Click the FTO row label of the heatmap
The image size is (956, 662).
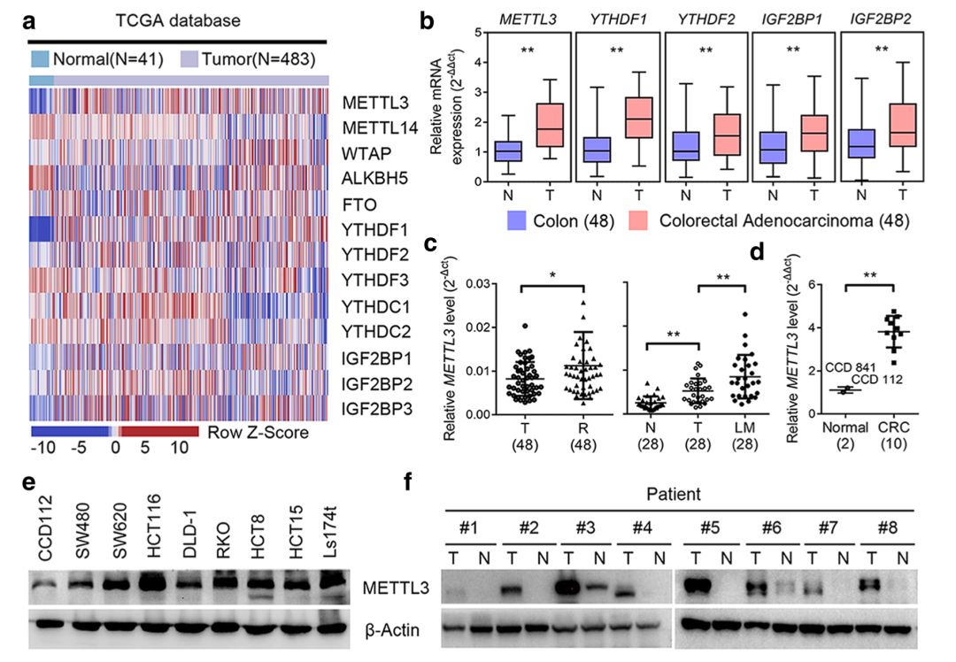click(x=359, y=204)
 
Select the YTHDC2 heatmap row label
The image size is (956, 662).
click(x=375, y=331)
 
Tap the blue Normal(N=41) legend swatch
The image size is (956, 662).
click(x=40, y=58)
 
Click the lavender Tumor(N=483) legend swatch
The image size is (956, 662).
click(x=189, y=58)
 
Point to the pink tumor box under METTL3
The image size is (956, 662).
click(x=550, y=125)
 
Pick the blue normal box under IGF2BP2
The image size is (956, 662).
click(x=861, y=143)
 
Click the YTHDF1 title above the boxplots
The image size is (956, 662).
click(x=618, y=19)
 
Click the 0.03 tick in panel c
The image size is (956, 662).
click(x=477, y=284)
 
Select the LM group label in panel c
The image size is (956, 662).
click(x=744, y=427)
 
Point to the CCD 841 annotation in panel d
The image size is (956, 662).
click(x=850, y=368)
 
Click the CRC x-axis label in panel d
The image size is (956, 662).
click(x=893, y=427)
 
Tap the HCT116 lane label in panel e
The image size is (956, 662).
click(x=155, y=526)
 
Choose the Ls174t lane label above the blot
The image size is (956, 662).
click(x=330, y=530)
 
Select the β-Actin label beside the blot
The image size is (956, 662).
click(x=392, y=629)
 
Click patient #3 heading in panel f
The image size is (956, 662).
click(x=585, y=527)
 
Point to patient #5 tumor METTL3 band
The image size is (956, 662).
click(x=698, y=587)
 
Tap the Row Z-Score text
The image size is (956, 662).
click(x=258, y=432)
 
